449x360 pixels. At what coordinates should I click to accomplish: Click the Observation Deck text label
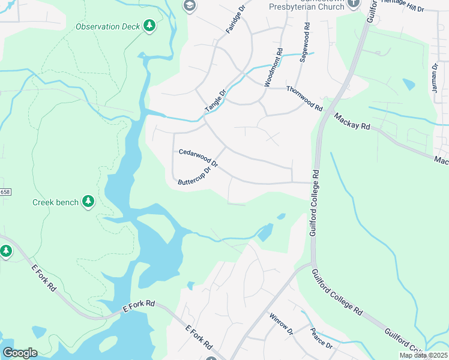pos(107,26)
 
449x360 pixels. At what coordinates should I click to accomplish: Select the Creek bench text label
pos(55,202)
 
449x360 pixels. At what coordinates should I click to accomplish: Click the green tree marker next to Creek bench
pos(88,202)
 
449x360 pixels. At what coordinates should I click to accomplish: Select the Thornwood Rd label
pos(305,99)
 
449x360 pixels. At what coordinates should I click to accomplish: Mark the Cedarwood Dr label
pos(198,157)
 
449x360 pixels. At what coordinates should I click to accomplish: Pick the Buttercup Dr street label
pos(195,176)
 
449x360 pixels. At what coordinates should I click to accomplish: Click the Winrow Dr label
pos(280,324)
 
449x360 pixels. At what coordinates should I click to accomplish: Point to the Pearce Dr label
pos(321,337)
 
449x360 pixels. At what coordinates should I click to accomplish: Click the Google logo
pos(19,353)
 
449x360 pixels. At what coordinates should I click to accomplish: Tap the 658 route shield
pos(5,191)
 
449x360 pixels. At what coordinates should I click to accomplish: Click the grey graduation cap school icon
pos(190,5)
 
